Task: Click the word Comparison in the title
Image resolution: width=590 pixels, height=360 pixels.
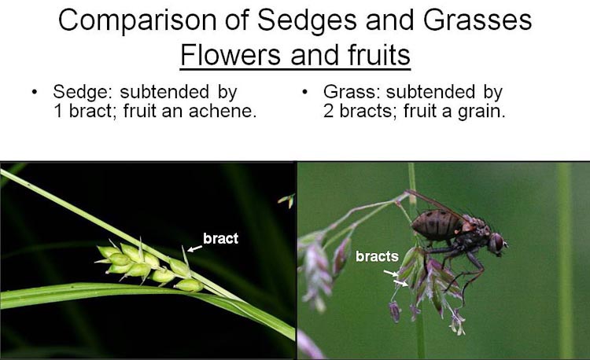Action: (x=138, y=20)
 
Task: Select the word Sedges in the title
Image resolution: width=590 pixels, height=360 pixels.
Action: (x=307, y=20)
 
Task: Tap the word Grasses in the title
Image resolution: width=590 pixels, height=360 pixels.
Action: (x=478, y=20)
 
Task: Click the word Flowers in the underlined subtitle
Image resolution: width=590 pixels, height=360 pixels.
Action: (x=230, y=54)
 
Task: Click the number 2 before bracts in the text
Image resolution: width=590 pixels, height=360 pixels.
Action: (x=328, y=111)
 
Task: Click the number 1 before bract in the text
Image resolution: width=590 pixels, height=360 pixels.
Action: (x=58, y=111)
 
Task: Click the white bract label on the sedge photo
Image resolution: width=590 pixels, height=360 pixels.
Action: (x=220, y=238)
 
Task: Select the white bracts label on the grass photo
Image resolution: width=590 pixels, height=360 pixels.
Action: (x=377, y=256)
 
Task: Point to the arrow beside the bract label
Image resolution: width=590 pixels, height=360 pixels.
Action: (x=195, y=248)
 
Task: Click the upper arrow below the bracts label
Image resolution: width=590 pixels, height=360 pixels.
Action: (x=390, y=273)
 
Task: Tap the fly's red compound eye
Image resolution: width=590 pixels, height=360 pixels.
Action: (x=497, y=242)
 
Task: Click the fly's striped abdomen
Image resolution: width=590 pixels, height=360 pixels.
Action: (x=437, y=225)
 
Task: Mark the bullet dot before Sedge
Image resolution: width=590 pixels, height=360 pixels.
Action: (x=35, y=92)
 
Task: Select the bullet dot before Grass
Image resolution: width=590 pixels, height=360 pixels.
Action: (x=304, y=92)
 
